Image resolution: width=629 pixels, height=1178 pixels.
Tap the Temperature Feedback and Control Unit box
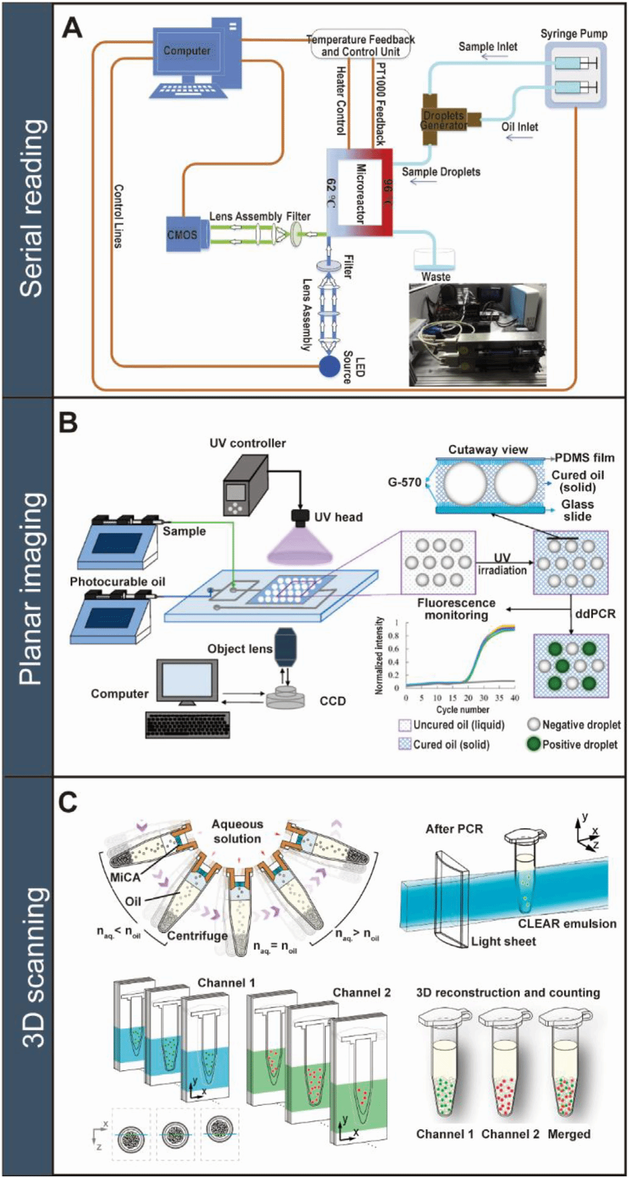point(360,45)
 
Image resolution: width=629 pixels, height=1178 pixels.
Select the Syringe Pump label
point(574,34)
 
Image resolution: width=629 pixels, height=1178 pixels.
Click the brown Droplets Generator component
point(444,119)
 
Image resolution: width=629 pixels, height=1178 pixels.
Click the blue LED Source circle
point(330,366)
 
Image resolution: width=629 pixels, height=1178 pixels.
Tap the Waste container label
point(436,277)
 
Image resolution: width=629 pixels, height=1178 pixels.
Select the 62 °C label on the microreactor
point(332,193)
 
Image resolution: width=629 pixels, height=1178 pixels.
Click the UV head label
point(338,517)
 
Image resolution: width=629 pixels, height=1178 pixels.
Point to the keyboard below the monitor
point(188,725)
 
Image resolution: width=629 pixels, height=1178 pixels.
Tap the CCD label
point(333,701)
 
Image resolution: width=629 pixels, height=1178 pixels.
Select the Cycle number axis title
point(463,710)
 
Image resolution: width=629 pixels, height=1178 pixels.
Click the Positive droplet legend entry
point(572,744)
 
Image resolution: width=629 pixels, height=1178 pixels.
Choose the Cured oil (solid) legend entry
point(444,744)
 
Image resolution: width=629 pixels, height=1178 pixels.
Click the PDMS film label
point(584,458)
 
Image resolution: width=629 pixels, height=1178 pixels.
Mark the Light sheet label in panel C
point(503,941)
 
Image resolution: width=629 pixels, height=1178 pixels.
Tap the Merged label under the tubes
point(569,1134)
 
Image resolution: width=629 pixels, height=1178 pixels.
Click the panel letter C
point(68,802)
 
